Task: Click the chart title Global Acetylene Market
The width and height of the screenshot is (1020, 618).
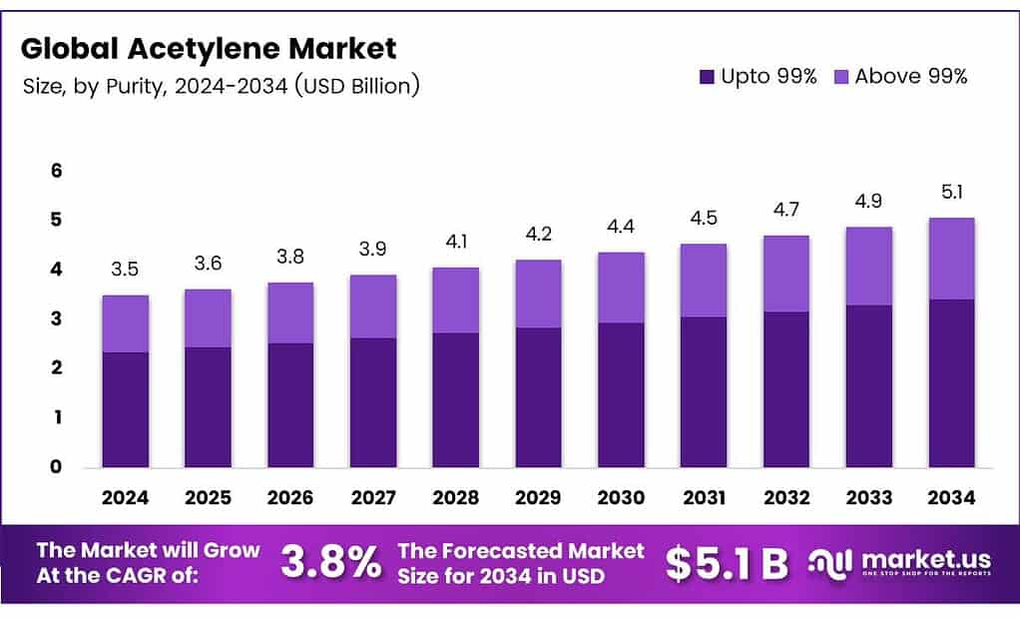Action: coord(209,47)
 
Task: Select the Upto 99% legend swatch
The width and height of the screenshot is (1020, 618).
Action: coord(708,76)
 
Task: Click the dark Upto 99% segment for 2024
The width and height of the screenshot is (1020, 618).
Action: coord(125,409)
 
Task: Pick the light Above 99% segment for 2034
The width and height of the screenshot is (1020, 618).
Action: coord(950,259)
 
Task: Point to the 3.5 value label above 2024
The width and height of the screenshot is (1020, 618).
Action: coord(125,270)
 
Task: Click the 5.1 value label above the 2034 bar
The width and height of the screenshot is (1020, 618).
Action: coord(950,192)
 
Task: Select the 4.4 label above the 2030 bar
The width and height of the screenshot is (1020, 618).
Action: coord(621,227)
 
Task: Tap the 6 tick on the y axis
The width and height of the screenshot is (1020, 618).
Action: coord(56,171)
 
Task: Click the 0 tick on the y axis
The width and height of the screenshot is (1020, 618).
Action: coord(56,466)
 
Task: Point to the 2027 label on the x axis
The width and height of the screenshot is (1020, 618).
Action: coord(372,497)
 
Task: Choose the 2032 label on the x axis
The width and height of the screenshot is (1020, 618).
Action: coord(785,497)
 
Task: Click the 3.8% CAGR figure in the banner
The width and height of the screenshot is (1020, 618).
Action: coord(330,562)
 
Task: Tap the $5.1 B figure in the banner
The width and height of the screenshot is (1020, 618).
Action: coord(727,563)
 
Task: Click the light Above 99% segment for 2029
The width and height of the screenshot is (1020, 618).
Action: coord(538,294)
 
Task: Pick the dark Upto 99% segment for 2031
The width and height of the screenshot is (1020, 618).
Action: coord(703,391)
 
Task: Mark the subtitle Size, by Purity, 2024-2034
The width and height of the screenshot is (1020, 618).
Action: coord(220,86)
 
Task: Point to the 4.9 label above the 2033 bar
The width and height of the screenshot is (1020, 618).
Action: coord(868,201)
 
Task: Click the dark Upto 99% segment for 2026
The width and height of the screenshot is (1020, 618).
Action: coord(290,404)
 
